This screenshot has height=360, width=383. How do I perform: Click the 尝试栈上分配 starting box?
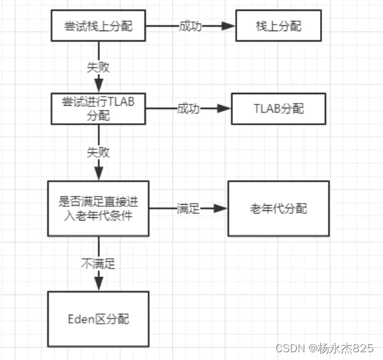pos(99,27)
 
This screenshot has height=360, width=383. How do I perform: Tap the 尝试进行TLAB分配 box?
pos(99,108)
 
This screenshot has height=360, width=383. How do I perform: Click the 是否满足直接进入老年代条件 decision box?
pos(99,209)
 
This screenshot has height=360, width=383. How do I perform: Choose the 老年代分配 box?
pos(278,209)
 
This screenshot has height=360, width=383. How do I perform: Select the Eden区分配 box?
pos(99,319)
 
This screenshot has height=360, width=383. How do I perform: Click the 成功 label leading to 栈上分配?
pos(189,27)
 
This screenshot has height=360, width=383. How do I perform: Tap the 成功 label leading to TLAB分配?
pos(187,108)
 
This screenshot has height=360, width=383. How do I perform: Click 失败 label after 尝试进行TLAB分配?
pos(99,153)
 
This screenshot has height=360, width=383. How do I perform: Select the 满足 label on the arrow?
pos(188,209)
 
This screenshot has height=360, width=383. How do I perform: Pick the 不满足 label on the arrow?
pos(99,264)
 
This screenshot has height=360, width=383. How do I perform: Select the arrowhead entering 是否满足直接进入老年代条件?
pos(99,173)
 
